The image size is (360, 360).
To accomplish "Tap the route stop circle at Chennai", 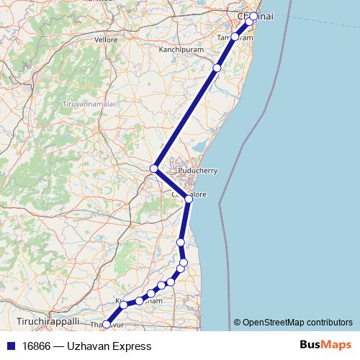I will (253, 15).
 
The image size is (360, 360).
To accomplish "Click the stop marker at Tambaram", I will (235, 36).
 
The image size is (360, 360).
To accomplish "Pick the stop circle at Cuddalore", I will (188, 198).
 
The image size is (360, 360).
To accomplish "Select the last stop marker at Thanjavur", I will (107, 325).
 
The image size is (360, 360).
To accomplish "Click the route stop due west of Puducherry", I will (154, 168).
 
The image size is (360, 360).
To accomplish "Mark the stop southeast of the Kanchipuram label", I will (217, 68).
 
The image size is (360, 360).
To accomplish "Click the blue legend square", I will (9, 346).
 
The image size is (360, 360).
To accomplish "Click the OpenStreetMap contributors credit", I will (298, 322).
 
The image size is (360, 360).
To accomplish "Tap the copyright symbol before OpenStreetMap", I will (238, 322).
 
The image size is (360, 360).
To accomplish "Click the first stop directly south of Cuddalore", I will (181, 242).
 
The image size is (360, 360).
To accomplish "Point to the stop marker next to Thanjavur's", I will (124, 305).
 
